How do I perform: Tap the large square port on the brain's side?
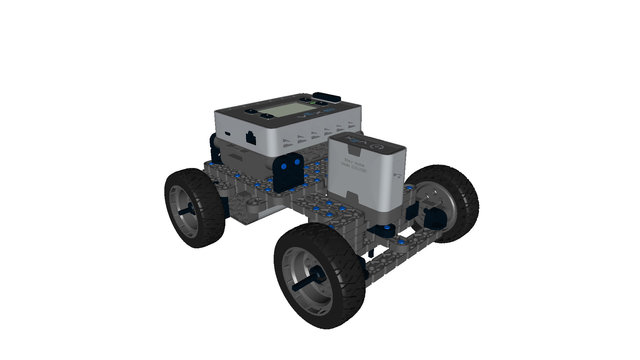click(x=248, y=130)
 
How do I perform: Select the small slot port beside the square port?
click(x=227, y=132)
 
